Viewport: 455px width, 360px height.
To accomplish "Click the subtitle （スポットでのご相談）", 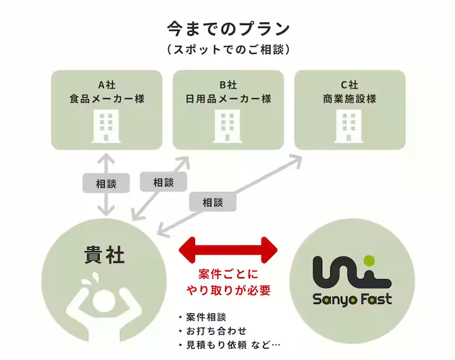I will pyautogui.click(x=228, y=49).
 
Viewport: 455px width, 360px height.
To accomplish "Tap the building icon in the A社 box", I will pyautogui.click(x=106, y=126).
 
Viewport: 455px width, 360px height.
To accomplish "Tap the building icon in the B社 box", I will pyautogui.click(x=228, y=126).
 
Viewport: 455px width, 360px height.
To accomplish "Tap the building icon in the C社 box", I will pyautogui.click(x=349, y=126).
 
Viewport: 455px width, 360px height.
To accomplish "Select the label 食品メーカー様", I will pyautogui.click(x=107, y=98).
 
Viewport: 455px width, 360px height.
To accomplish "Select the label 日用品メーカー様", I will pyautogui.click(x=228, y=98).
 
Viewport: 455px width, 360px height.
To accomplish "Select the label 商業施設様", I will pyautogui.click(x=350, y=98).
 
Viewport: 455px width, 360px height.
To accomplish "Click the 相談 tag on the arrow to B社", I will pyautogui.click(x=163, y=182).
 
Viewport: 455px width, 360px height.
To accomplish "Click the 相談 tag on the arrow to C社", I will pyautogui.click(x=212, y=202).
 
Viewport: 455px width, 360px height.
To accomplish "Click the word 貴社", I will pyautogui.click(x=104, y=255).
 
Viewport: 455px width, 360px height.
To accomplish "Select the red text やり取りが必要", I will pyautogui.click(x=229, y=290).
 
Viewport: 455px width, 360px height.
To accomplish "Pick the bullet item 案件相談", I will pyautogui.click(x=206, y=316).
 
